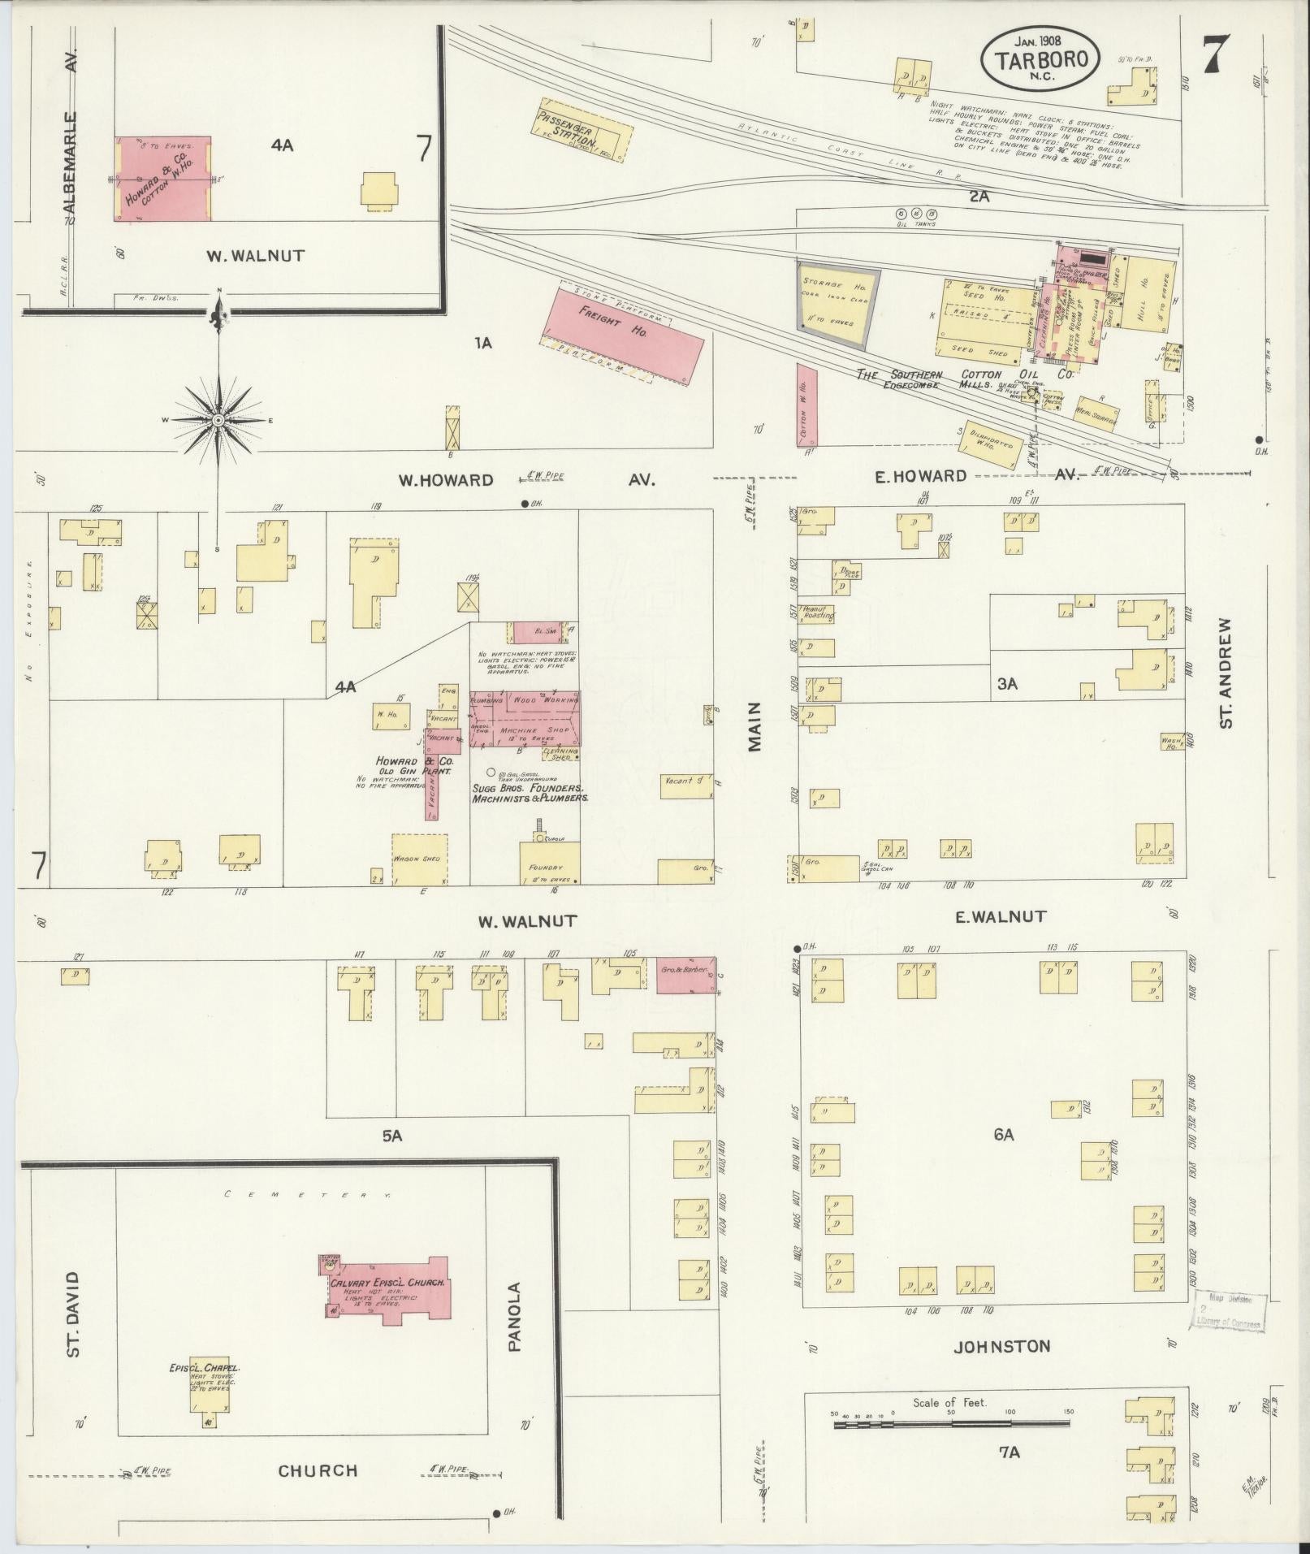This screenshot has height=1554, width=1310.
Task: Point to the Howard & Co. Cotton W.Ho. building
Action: (162, 179)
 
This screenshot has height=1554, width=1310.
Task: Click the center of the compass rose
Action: (218, 419)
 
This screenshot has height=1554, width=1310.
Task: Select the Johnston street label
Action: (1001, 1346)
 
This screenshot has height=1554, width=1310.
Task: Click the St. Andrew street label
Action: (1226, 672)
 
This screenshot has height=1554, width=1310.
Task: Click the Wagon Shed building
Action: (420, 859)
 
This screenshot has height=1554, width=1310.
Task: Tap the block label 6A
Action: (1004, 1134)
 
